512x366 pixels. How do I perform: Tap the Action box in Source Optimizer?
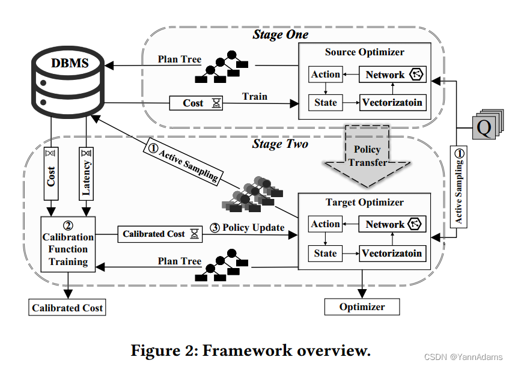click(x=326, y=75)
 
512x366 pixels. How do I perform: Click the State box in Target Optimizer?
click(x=325, y=253)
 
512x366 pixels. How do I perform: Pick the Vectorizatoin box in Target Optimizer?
click(x=392, y=253)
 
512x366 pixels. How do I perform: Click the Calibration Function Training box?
click(x=68, y=243)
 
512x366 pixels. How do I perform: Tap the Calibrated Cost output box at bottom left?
click(x=68, y=308)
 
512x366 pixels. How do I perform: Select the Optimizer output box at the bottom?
click(x=362, y=307)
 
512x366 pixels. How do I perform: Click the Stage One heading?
click(x=280, y=35)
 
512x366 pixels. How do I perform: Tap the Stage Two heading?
click(x=280, y=144)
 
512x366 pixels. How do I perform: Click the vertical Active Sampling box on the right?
click(x=459, y=187)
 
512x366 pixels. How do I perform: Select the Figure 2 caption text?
click(x=251, y=349)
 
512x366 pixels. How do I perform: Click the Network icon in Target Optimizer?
click(x=416, y=224)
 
